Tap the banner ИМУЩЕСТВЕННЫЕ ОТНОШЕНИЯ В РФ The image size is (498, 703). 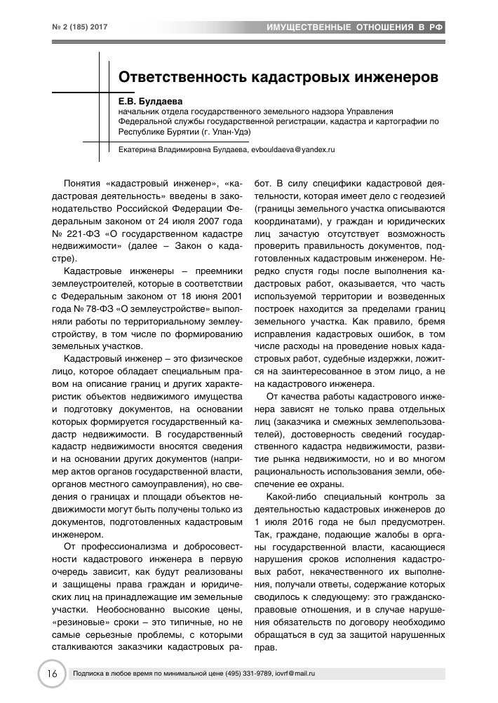pos(355,27)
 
